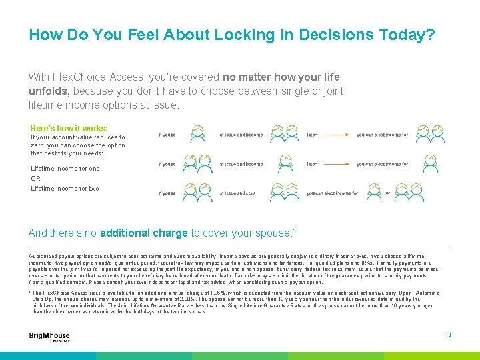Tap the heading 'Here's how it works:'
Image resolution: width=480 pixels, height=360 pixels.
(x=69, y=128)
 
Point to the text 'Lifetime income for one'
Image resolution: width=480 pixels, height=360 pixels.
(x=65, y=169)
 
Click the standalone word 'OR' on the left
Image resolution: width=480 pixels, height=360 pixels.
(x=36, y=178)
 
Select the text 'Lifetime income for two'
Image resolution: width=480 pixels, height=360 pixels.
(x=65, y=189)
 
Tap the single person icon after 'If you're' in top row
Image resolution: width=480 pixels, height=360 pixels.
(x=197, y=133)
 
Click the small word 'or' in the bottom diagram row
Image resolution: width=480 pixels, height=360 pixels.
(x=388, y=193)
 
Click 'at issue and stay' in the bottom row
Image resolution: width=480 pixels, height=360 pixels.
(x=237, y=193)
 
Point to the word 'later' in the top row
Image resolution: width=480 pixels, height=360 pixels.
(x=311, y=135)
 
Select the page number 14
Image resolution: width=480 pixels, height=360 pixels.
(x=448, y=335)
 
